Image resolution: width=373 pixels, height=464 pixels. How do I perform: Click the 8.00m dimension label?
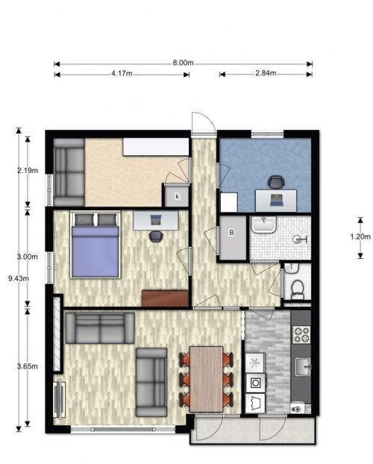(184, 63)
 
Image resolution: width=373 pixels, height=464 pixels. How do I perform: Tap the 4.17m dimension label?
(122, 73)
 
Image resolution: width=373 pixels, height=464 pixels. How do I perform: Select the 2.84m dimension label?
(266, 73)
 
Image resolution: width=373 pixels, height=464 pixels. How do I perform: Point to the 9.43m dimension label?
(19, 278)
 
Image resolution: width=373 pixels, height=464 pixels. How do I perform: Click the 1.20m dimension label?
(360, 236)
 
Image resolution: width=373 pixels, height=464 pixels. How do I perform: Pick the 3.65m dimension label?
(28, 366)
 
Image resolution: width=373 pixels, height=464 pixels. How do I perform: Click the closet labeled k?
(177, 196)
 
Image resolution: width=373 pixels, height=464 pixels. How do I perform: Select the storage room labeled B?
(233, 238)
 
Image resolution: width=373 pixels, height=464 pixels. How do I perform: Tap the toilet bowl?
(297, 289)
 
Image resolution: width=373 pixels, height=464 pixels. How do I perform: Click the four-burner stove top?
(301, 334)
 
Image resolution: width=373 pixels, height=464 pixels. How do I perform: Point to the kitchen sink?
(303, 366)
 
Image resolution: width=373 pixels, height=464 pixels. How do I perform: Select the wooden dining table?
(207, 379)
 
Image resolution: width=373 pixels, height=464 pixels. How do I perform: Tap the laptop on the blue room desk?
(277, 201)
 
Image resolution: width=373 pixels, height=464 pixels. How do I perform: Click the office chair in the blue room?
(275, 182)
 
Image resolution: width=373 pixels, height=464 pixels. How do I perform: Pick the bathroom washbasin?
(264, 224)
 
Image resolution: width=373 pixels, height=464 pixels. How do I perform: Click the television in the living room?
(60, 399)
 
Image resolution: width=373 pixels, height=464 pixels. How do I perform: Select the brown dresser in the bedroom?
(165, 298)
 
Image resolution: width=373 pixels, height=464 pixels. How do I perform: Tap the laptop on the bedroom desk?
(156, 219)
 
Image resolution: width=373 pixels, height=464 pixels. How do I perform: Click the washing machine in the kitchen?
(255, 383)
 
